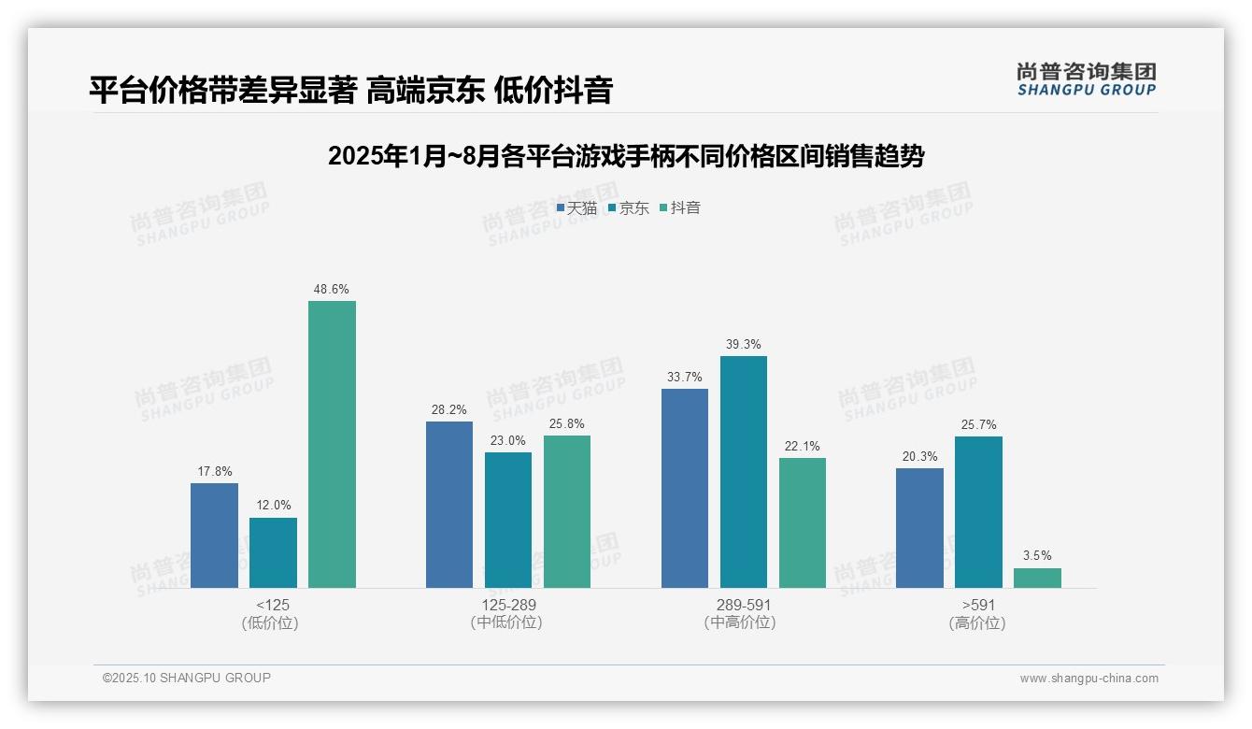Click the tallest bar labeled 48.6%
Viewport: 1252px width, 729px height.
click(x=332, y=444)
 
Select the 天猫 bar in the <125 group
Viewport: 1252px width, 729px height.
click(x=214, y=535)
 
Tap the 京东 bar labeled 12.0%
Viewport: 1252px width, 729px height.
click(x=273, y=552)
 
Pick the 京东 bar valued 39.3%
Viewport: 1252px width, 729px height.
click(x=743, y=472)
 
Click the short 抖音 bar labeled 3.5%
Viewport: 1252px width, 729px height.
click(x=1037, y=578)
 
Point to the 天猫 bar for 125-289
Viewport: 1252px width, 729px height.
click(x=449, y=505)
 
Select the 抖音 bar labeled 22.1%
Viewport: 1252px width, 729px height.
click(x=802, y=522)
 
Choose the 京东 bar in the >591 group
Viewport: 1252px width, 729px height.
click(x=978, y=512)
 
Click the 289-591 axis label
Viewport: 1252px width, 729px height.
click(x=743, y=605)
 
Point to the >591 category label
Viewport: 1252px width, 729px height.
click(x=977, y=605)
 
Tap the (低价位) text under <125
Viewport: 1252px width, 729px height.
click(x=271, y=623)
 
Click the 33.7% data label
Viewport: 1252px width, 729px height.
click(x=684, y=377)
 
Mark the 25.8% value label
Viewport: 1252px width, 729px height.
click(x=566, y=423)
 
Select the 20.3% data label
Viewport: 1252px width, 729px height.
click(x=919, y=456)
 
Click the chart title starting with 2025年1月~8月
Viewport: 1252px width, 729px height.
click(x=625, y=156)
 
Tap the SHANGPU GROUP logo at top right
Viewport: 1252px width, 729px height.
click(x=1086, y=79)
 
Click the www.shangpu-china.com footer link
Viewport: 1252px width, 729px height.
click(x=1088, y=679)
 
